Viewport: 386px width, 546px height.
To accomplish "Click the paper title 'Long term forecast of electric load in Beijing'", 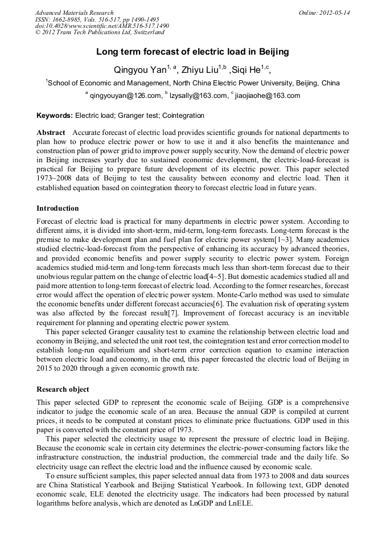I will tap(192, 52).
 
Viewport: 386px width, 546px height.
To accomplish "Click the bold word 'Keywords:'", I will tap(54, 116).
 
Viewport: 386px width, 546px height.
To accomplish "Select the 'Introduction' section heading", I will tap(58, 208).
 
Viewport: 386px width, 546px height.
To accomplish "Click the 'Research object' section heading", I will tap(63, 389).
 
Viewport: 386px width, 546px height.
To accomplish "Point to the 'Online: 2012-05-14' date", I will tap(324, 13).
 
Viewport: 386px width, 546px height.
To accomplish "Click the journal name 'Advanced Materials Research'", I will tap(75, 13).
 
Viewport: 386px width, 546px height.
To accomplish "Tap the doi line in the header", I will tap(102, 26).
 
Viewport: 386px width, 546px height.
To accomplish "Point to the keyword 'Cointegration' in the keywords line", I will tap(183, 116).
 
